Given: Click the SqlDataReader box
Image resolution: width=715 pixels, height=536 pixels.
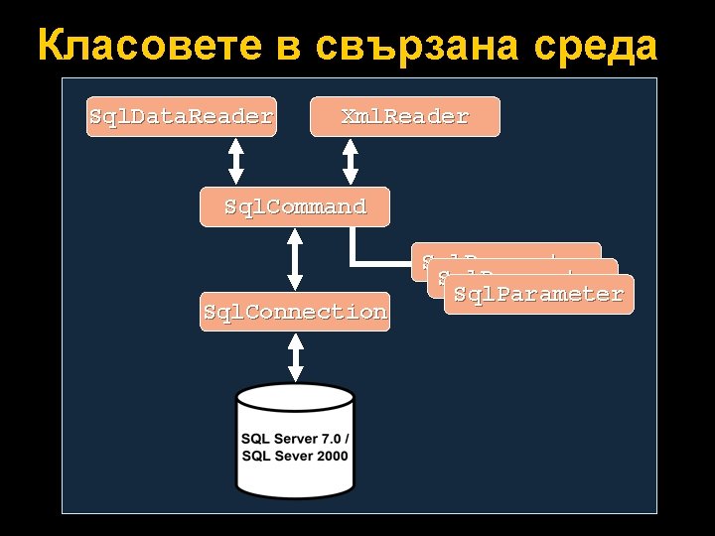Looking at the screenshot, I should [x=180, y=117].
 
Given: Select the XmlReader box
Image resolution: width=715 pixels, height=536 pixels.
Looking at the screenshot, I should [x=405, y=117].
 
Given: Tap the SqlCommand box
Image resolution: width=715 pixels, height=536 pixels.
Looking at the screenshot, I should [x=295, y=207].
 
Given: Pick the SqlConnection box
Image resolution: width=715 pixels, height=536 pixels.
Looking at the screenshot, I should [x=295, y=312].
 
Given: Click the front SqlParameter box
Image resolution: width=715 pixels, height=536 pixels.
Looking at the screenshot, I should [x=538, y=295].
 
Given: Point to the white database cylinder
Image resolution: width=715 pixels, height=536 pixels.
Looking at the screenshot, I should [x=295, y=442].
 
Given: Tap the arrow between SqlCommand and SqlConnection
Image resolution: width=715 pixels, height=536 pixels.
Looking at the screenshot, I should [x=295, y=259].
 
